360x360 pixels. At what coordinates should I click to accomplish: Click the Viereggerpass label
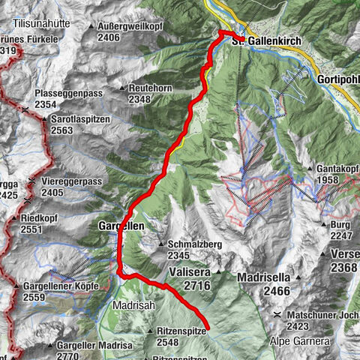click(x=71, y=181)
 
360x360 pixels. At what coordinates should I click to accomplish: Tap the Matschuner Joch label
click(x=319, y=316)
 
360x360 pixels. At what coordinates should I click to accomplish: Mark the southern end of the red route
click(x=207, y=328)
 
